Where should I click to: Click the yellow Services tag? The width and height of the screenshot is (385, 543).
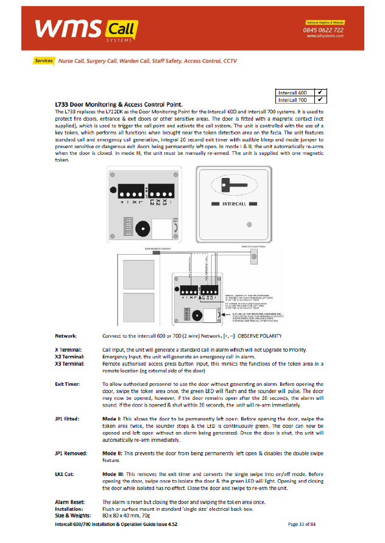(x=44, y=61)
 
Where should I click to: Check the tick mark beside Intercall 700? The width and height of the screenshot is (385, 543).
(x=320, y=99)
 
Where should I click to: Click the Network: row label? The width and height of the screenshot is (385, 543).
(x=66, y=336)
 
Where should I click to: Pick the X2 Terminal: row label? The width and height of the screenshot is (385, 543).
(x=69, y=356)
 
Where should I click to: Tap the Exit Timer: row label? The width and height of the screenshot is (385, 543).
(x=68, y=384)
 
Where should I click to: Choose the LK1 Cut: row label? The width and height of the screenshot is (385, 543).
(x=65, y=474)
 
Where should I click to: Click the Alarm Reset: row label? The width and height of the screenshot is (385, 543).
(x=68, y=502)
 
